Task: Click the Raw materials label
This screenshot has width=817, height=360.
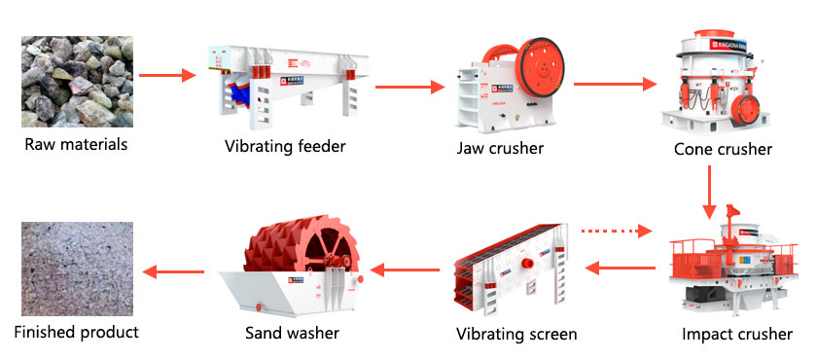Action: pos(76,145)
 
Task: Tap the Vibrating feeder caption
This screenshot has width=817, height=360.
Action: pos(285,147)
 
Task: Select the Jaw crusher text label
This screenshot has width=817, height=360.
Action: pos(500,148)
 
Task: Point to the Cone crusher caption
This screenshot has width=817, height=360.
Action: pos(723,149)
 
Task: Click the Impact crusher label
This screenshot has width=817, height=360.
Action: pos(737,335)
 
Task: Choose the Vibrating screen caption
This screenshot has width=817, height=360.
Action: pos(516,334)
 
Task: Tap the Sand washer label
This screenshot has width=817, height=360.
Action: pos(292,333)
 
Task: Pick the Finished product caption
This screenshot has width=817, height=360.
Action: pos(76,332)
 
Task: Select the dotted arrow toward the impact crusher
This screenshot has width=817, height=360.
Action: pos(615,232)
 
